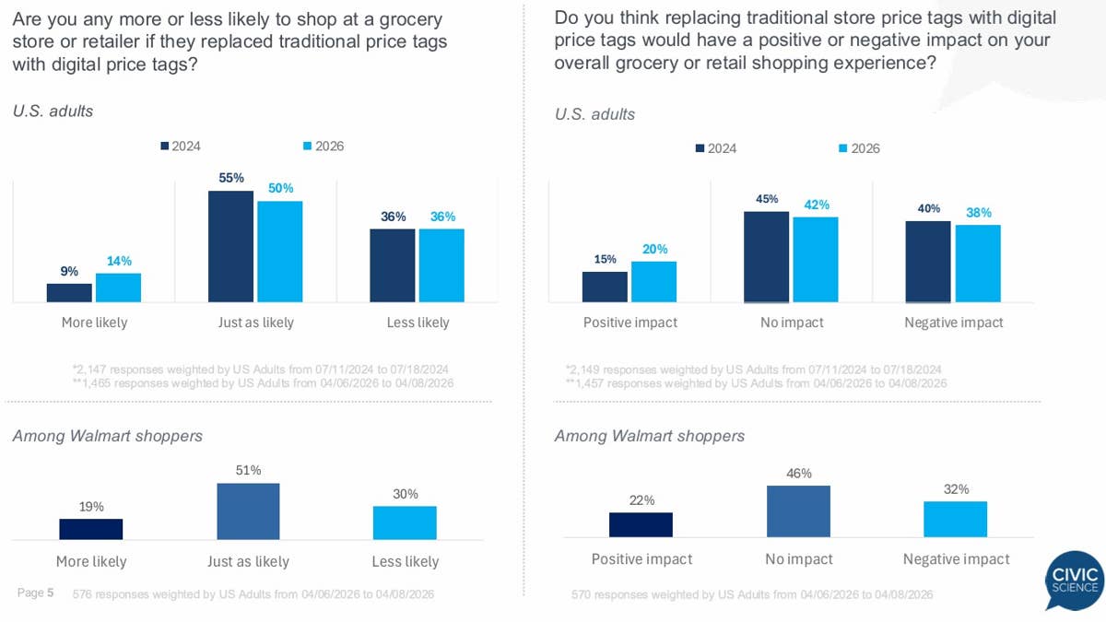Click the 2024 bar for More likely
click(x=69, y=292)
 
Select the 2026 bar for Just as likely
click(x=280, y=251)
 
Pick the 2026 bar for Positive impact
click(x=653, y=281)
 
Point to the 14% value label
click(x=118, y=261)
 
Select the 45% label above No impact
click(x=767, y=199)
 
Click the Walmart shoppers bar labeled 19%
click(x=91, y=528)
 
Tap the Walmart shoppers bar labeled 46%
click(x=798, y=511)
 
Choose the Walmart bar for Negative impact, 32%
click(x=955, y=519)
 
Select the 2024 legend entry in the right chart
click(x=715, y=148)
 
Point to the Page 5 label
click(x=36, y=593)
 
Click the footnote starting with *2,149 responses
click(x=753, y=369)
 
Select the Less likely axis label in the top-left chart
click(x=418, y=323)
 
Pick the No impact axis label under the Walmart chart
click(x=798, y=559)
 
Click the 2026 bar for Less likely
click(x=441, y=264)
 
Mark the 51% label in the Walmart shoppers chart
click(x=248, y=471)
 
